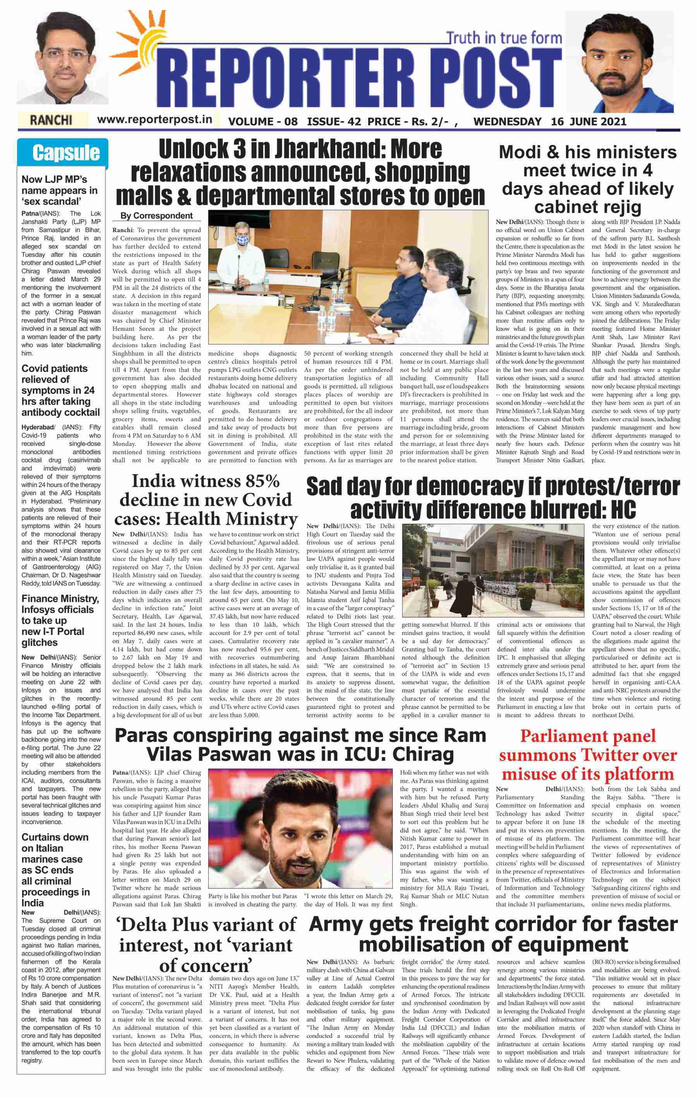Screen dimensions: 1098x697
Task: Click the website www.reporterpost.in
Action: coord(155,119)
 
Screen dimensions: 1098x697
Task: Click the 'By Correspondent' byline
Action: coord(156,216)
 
